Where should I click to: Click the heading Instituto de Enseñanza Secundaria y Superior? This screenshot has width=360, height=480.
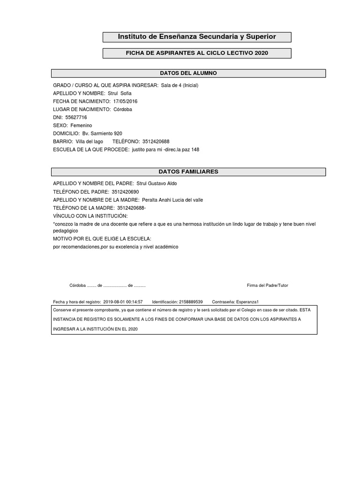point(197,37)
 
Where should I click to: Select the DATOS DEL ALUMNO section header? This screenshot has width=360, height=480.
point(188,74)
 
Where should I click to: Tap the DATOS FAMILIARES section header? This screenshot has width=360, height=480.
point(188,172)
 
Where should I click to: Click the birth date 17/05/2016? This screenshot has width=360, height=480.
point(125,101)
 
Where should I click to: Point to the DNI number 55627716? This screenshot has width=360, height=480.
point(76,117)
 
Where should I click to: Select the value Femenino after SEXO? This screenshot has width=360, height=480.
point(81,126)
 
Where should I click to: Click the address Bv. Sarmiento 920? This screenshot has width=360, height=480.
point(102,134)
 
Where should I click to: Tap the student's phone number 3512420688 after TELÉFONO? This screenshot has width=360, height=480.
point(156,142)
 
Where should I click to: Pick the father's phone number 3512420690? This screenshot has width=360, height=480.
point(125,192)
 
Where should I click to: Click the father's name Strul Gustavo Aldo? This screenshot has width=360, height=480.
point(157,183)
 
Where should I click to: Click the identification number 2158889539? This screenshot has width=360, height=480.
point(191,302)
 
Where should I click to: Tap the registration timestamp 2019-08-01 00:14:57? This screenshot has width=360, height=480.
point(123,302)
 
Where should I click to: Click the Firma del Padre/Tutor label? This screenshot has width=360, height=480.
point(264,285)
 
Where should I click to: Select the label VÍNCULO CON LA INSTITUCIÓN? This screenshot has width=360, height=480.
point(90,216)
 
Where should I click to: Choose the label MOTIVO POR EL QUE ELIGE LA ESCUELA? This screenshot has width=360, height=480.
point(102,239)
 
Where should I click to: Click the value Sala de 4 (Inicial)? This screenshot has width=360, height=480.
point(180,85)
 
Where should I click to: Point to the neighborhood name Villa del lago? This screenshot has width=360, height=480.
point(89,142)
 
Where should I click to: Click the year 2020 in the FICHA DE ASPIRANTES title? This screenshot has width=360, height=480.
point(262,53)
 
